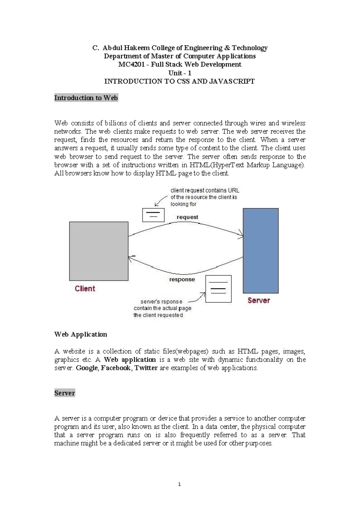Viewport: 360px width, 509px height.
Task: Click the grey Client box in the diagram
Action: (x=99, y=251)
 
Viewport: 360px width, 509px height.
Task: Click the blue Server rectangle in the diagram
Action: (x=260, y=251)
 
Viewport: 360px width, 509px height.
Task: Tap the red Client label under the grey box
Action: (x=85, y=289)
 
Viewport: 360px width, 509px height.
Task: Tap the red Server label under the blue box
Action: (x=259, y=300)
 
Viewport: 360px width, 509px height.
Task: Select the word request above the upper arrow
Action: (x=187, y=217)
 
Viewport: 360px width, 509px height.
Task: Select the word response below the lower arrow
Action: (x=182, y=279)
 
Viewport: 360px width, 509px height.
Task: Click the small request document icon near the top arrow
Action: (x=153, y=215)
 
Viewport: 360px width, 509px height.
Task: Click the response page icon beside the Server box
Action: (x=218, y=289)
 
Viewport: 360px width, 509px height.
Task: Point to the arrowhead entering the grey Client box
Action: (x=131, y=258)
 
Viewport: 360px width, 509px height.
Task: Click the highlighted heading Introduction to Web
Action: (x=86, y=98)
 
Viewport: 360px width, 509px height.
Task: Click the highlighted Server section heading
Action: (x=64, y=393)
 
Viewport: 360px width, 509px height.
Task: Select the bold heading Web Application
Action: (x=80, y=334)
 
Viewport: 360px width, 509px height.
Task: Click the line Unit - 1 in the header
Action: (x=180, y=73)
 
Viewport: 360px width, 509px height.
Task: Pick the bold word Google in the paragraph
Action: (x=87, y=368)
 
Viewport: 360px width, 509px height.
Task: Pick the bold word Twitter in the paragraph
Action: (x=146, y=368)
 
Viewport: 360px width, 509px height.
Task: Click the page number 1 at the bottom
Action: (x=179, y=484)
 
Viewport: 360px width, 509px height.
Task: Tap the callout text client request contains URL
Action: (x=205, y=191)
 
